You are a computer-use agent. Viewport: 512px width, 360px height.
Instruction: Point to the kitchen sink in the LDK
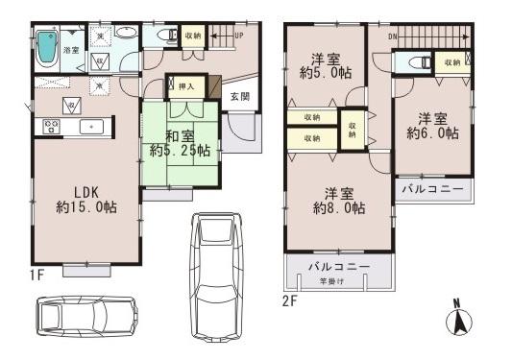tap(92, 126)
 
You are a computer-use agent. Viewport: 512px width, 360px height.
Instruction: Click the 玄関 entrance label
tap(239, 97)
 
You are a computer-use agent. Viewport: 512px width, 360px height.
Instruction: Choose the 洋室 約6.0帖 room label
tap(431, 126)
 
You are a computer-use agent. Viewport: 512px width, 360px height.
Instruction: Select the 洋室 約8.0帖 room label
tap(337, 201)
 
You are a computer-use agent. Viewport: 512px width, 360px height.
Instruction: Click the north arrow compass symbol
tap(460, 320)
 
